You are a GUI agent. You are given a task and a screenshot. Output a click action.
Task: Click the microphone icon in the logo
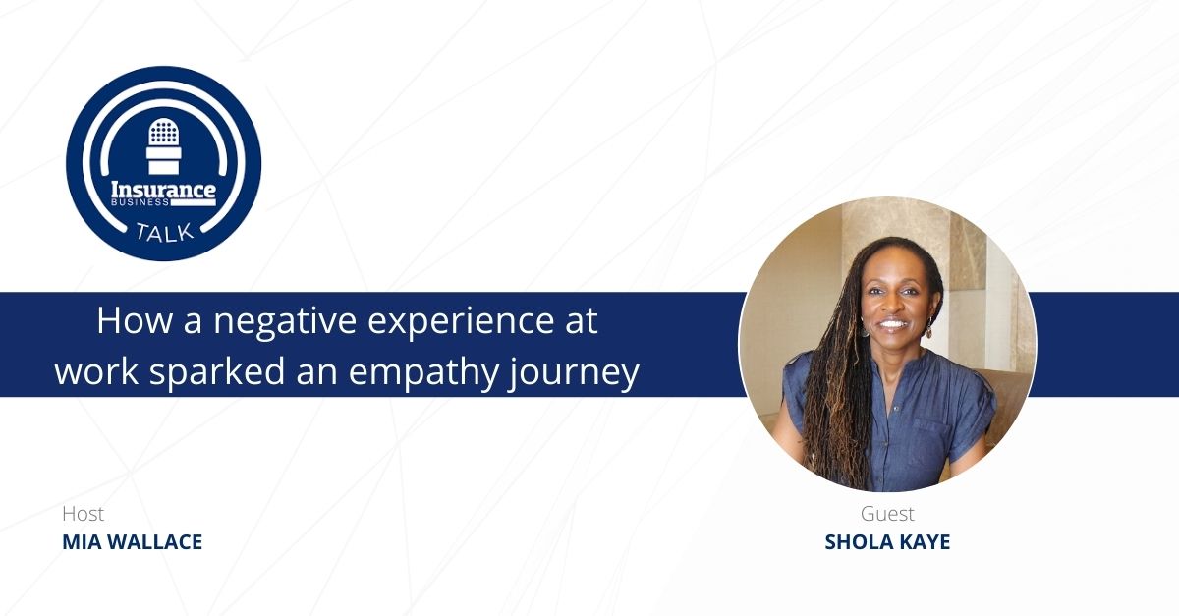pos(164,145)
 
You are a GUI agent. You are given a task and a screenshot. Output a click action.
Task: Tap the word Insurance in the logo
pos(163,190)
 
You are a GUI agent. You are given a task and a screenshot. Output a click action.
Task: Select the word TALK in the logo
pos(165,233)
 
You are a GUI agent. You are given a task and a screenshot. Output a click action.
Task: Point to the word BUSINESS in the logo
pos(140,202)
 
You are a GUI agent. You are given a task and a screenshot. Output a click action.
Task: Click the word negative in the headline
pos(285,321)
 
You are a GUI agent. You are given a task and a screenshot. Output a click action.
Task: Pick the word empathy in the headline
pos(423,372)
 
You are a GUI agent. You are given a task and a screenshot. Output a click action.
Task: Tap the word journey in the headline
pos(574,372)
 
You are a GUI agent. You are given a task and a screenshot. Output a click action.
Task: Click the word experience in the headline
pos(461,322)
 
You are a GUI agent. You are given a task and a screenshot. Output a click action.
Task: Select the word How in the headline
pos(135,320)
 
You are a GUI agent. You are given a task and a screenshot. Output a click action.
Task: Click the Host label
pos(83,513)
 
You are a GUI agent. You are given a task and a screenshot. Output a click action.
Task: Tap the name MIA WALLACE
pos(132,542)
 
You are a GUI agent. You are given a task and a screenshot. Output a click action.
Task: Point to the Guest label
pos(887,513)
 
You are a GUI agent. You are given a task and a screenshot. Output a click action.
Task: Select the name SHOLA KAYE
pos(887,542)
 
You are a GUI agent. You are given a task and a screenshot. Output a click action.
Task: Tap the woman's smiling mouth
pos(893,323)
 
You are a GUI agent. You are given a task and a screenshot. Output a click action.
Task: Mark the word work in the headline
pos(97,371)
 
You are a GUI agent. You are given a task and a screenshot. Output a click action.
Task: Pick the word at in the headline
pos(581,322)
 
